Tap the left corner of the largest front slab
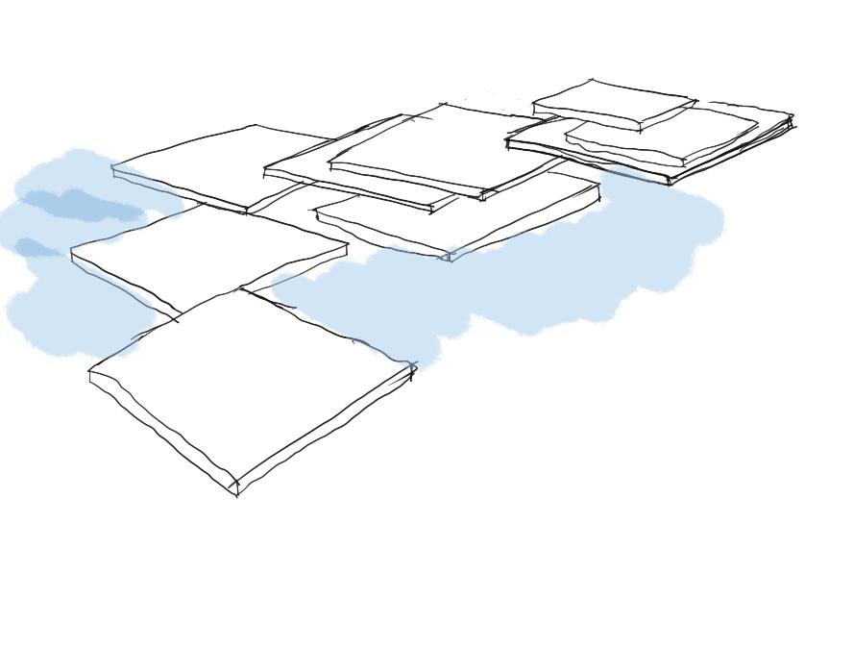click(89, 370)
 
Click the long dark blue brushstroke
click(82, 204)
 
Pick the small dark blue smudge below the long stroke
click(35, 247)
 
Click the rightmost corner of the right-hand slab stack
click(792, 119)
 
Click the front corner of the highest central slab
click(483, 196)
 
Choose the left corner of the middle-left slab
click(72, 252)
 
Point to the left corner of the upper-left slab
click(113, 168)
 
